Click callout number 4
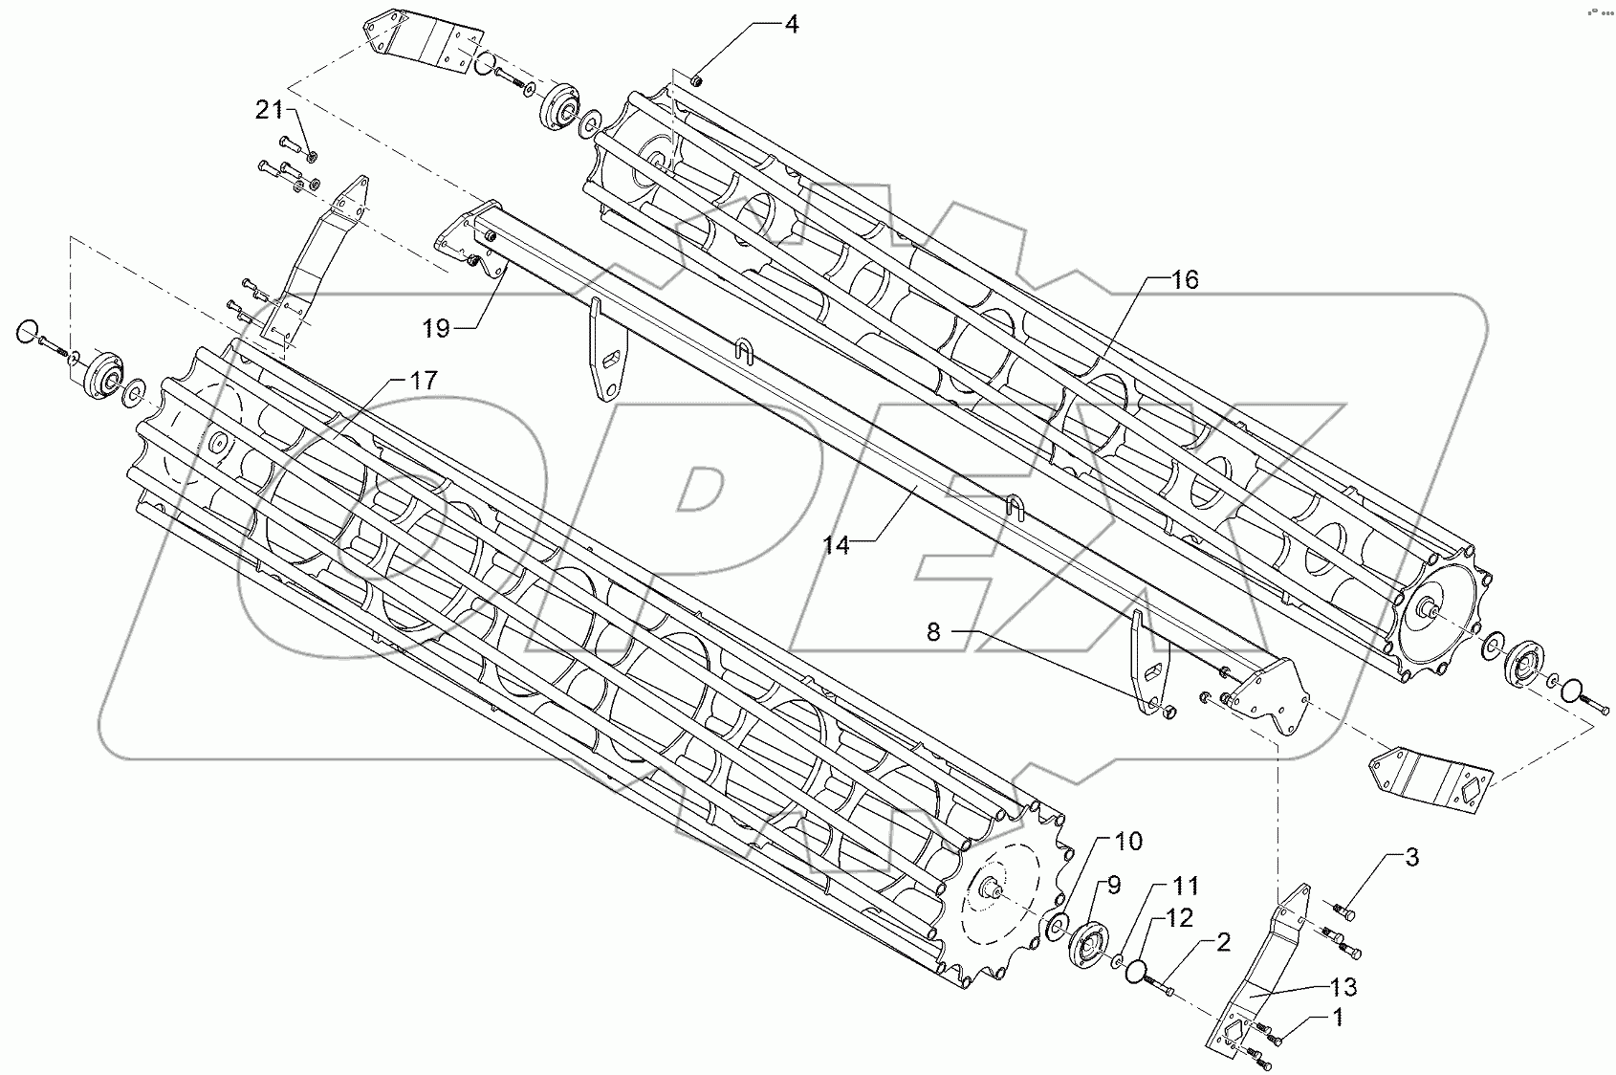point(791,25)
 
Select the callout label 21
point(269,111)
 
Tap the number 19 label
point(436,329)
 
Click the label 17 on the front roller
point(424,381)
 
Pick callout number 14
point(836,544)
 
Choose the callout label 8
point(933,631)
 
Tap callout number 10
point(1127,842)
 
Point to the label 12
point(1180,918)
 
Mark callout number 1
point(1338,1019)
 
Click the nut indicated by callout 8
point(1168,711)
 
